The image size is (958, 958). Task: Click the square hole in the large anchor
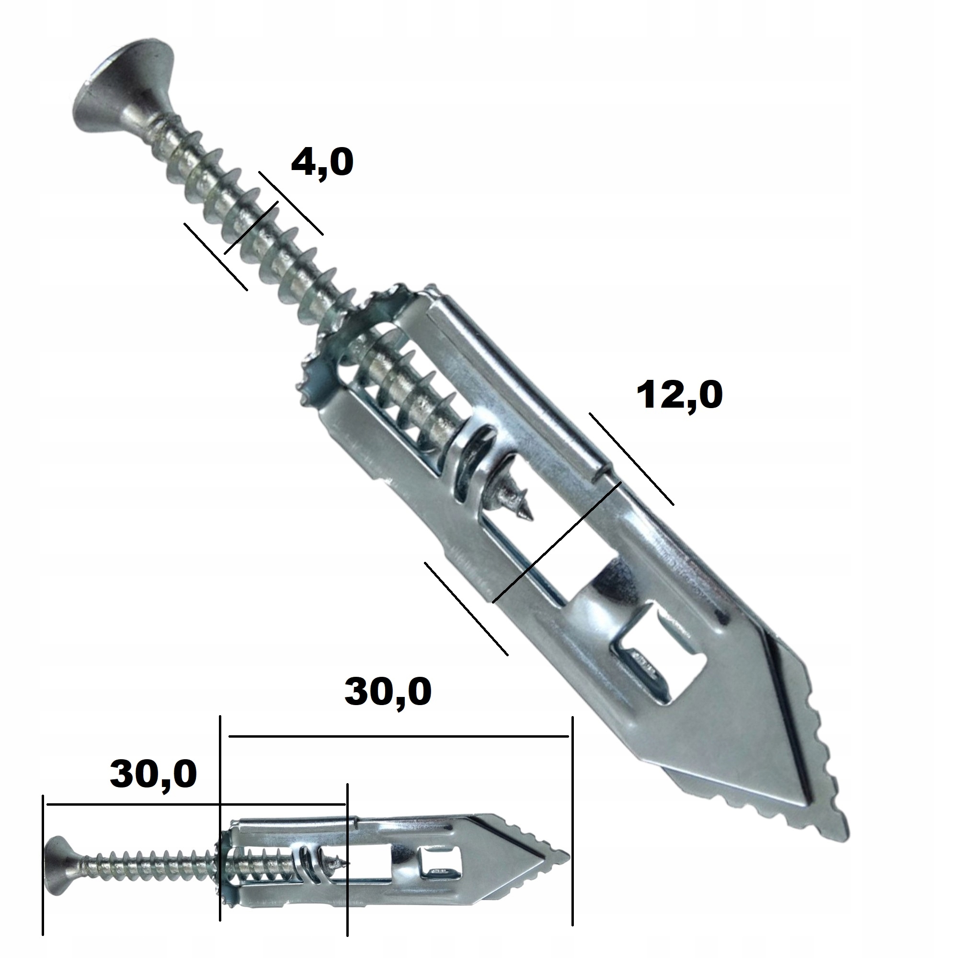654,657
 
